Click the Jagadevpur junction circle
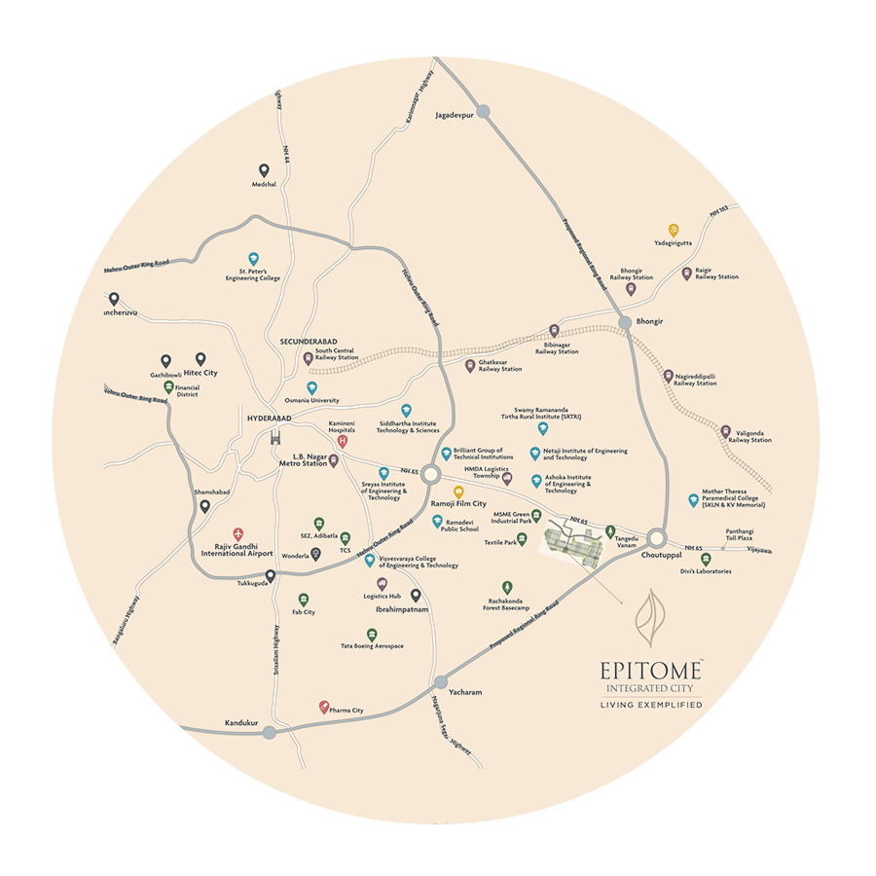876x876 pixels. [483, 112]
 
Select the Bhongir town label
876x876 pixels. [649, 319]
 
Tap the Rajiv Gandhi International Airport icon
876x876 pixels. [238, 534]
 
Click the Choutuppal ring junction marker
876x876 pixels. [657, 537]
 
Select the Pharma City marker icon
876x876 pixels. [324, 708]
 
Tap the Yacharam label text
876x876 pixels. [465, 692]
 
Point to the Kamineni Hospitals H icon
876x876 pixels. [342, 441]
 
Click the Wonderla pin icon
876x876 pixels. [315, 554]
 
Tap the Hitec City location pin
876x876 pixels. [201, 359]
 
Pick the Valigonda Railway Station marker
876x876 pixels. [725, 430]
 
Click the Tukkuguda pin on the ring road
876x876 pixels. [270, 575]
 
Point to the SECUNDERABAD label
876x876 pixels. [309, 342]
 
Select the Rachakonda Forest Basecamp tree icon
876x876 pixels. [506, 587]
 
